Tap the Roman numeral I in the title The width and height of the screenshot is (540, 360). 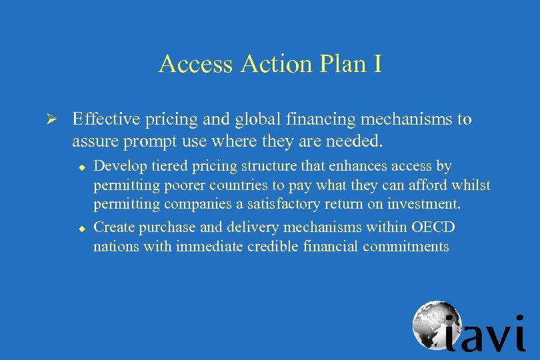tap(377, 64)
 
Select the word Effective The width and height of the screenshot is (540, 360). tap(103, 120)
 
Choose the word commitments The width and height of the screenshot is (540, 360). tap(406, 247)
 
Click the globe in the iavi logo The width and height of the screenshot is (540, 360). tap(435, 325)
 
